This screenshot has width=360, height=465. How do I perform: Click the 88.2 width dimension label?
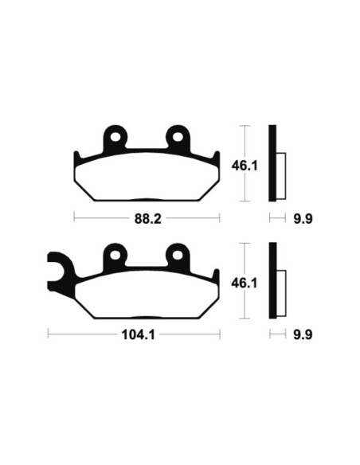click(x=145, y=217)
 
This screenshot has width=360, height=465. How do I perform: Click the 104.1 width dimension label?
click(x=134, y=334)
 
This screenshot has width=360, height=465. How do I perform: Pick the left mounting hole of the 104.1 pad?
click(x=116, y=255)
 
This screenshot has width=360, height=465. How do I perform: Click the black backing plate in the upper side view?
click(x=272, y=163)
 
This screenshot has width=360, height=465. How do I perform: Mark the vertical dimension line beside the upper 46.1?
click(x=248, y=163)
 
